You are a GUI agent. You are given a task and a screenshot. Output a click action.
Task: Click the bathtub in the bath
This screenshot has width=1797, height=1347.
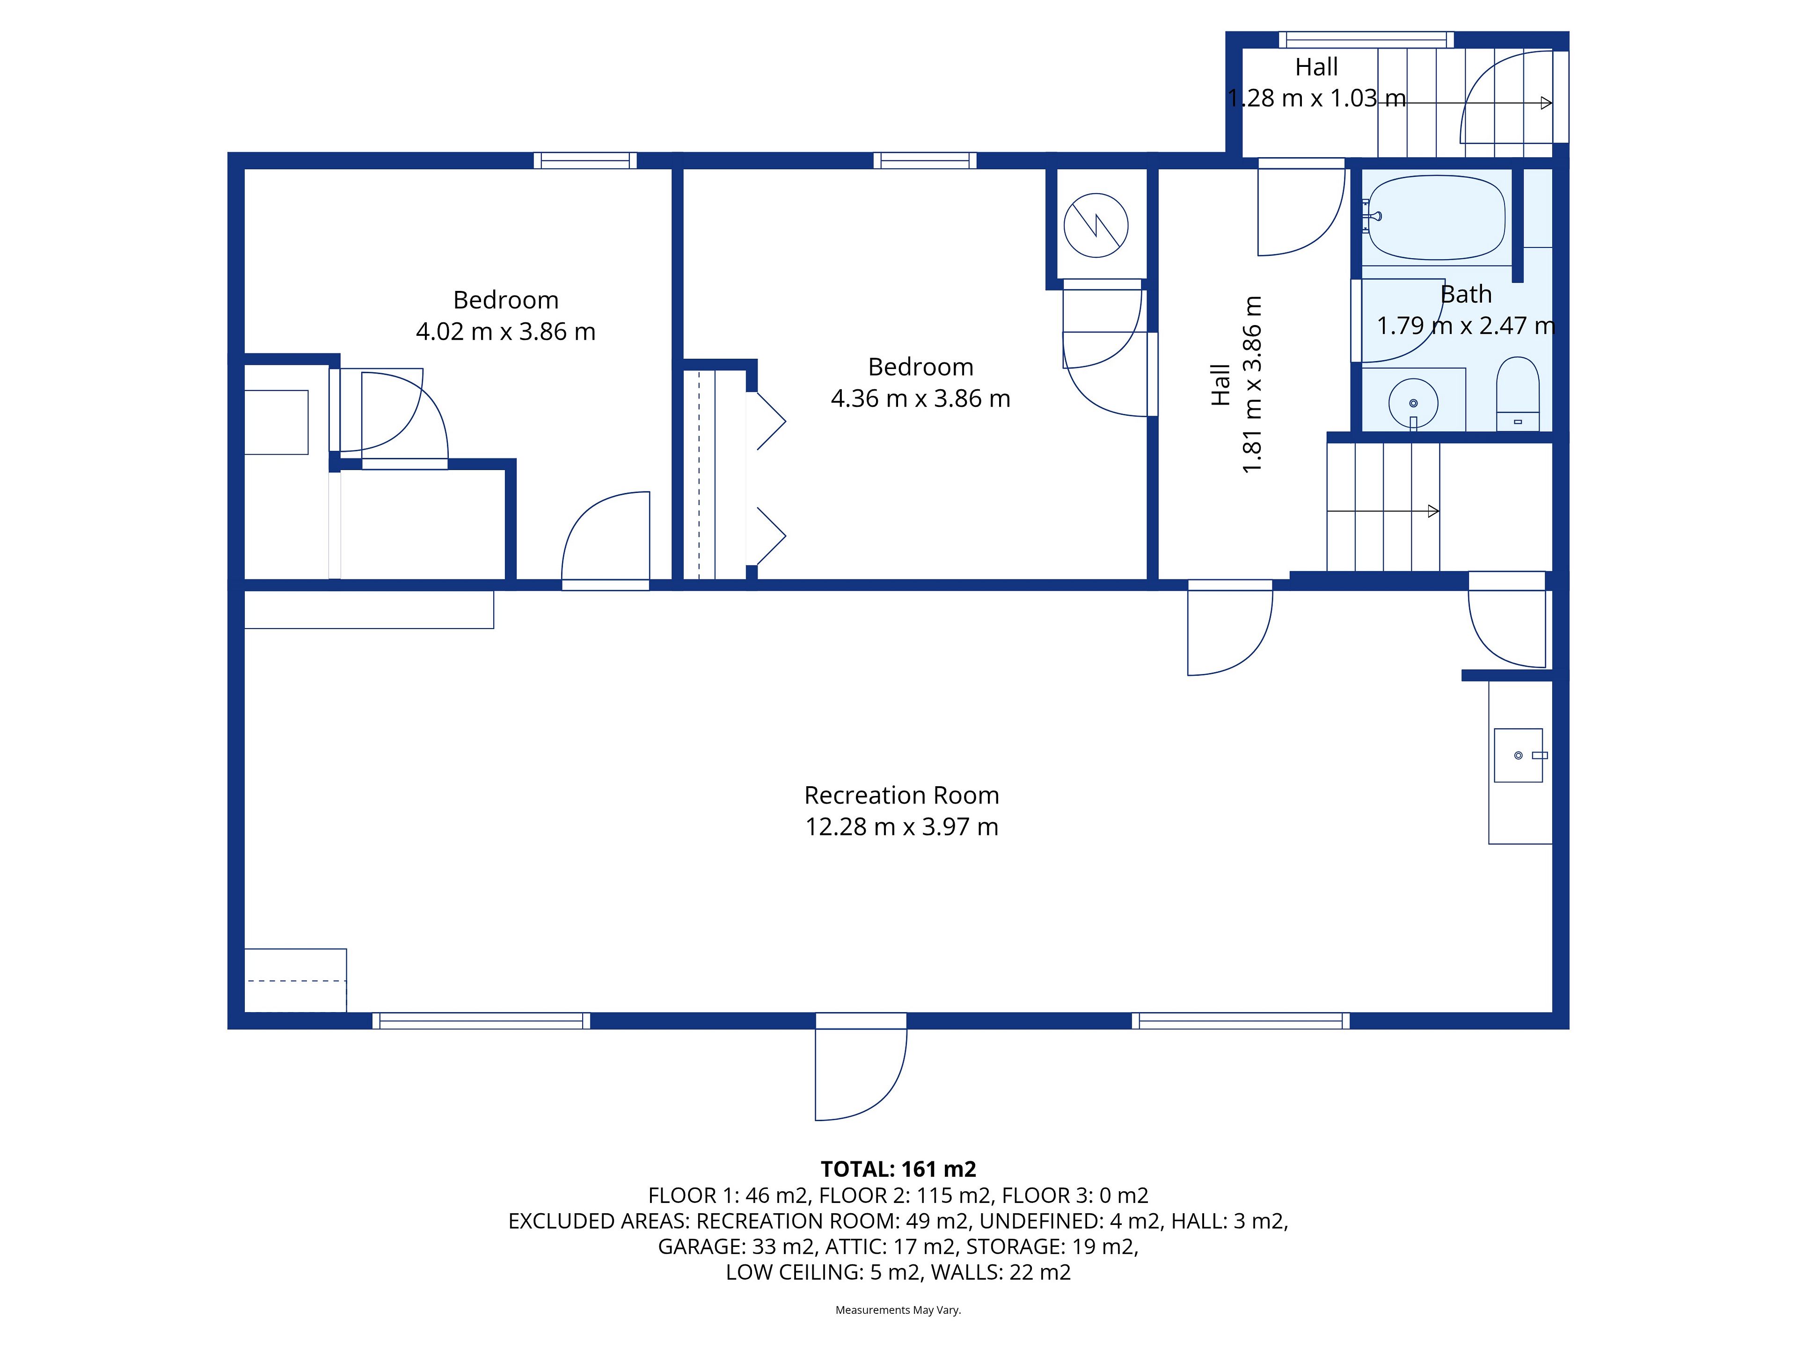1436,217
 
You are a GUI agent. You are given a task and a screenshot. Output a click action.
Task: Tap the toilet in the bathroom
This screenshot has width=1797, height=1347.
1518,394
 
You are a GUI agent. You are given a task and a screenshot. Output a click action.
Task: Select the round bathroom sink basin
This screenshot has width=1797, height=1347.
1414,403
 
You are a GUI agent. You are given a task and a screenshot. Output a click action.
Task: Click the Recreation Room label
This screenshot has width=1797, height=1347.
902,795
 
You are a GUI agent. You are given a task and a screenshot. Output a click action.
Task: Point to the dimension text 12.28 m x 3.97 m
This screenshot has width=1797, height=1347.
902,826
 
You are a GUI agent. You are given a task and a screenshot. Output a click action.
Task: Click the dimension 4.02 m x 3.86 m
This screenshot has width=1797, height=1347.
505,331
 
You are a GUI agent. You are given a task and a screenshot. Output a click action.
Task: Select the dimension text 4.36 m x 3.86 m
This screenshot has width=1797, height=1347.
920,398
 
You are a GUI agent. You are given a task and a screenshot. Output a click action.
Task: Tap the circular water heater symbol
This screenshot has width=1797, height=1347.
1096,225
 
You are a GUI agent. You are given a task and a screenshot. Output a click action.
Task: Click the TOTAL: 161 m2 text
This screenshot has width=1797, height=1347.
898,1169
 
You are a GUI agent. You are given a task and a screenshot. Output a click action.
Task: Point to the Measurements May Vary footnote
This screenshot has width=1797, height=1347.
898,1310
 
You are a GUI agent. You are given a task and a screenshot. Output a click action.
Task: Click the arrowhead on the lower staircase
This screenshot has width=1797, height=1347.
1434,512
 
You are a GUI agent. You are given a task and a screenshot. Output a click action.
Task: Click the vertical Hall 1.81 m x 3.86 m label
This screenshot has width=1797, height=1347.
1236,385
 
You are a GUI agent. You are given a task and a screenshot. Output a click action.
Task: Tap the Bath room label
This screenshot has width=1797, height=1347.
1466,294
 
